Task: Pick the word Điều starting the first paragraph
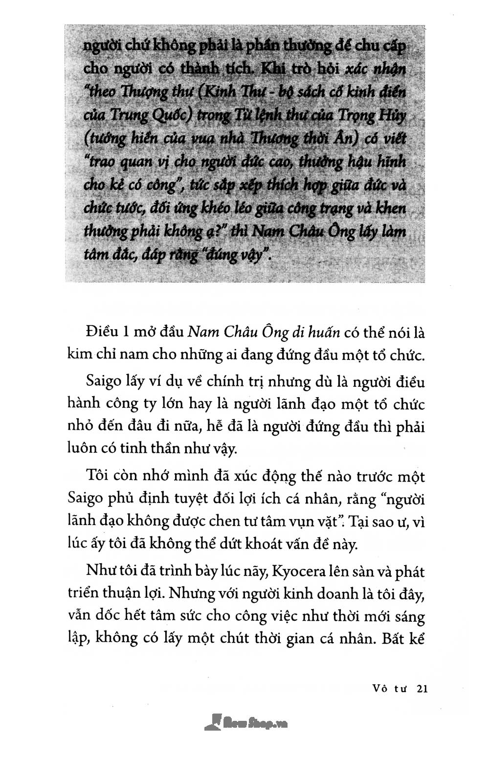click(101, 333)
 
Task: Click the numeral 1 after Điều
click(125, 333)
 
